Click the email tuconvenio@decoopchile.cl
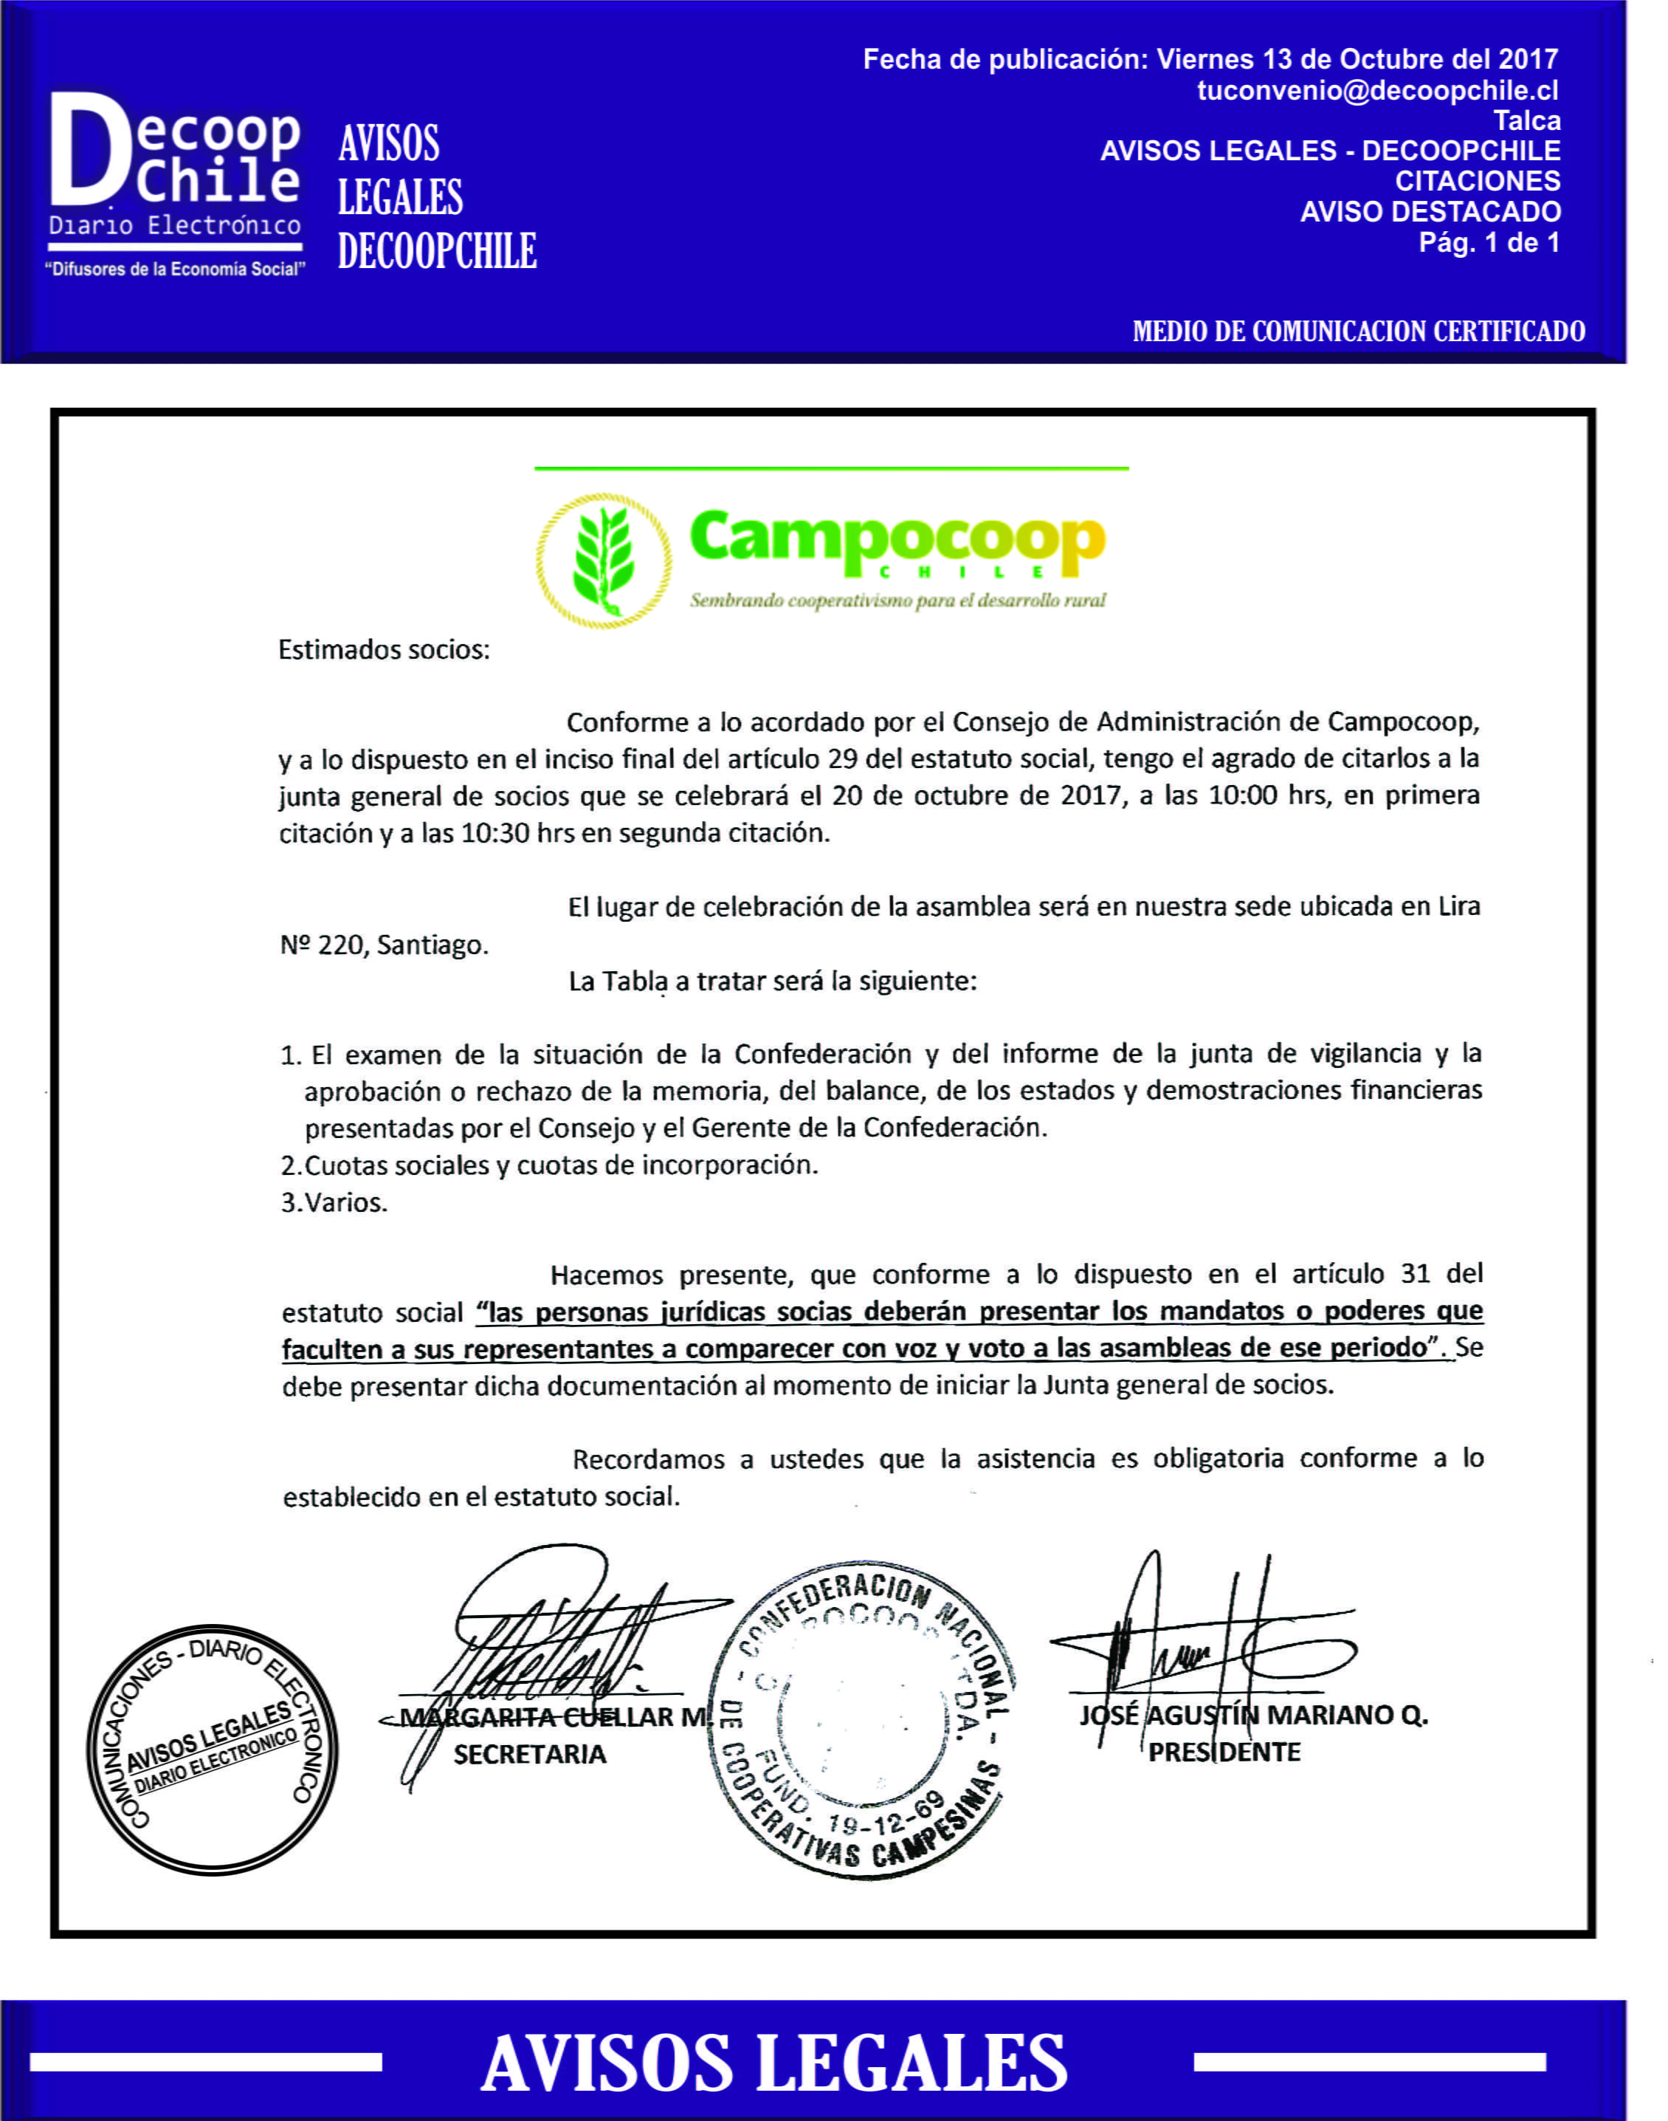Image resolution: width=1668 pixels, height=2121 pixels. [1377, 91]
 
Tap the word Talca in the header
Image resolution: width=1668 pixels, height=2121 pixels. [1526, 121]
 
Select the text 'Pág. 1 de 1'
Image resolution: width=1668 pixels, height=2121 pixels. [1489, 242]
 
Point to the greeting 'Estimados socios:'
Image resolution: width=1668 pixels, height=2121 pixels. [384, 650]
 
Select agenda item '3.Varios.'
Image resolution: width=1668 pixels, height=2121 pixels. [334, 1202]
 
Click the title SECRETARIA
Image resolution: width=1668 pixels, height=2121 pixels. [529, 1755]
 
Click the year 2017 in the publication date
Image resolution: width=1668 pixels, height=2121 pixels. [1529, 60]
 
